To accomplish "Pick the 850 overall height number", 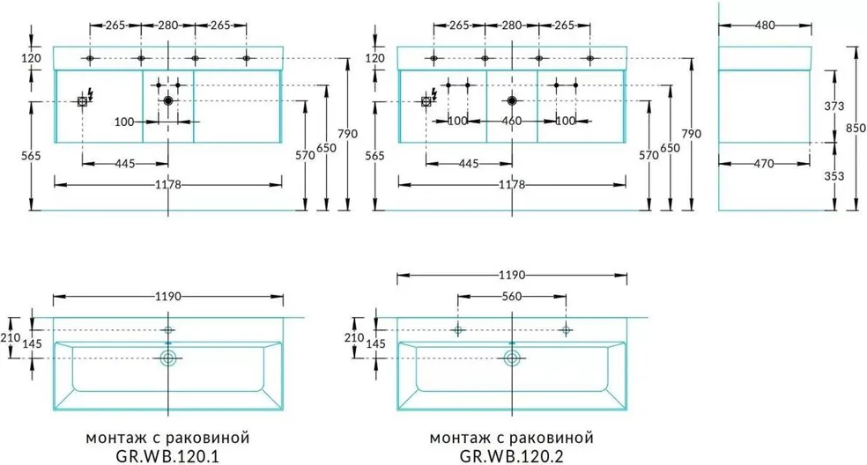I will (855, 128).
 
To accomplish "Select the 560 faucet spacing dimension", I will (511, 297).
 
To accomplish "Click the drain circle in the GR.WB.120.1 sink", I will (168, 358).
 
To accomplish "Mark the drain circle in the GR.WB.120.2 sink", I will (512, 358).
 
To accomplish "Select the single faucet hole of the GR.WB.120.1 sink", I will (168, 330).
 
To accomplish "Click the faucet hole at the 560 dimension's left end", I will (457, 330).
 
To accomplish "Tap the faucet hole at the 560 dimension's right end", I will (566, 330).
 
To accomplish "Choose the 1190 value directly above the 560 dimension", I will (511, 275).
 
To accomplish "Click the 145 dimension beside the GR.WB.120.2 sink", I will (376, 343).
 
